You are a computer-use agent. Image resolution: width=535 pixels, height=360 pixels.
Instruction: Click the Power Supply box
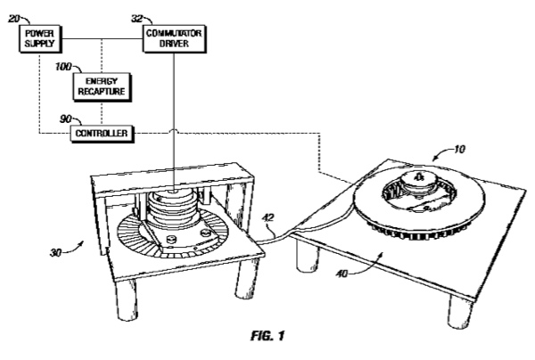(x=40, y=38)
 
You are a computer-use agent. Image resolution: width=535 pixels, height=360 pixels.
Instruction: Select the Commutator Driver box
(x=175, y=38)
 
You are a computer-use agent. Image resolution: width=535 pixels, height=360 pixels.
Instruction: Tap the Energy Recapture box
(x=102, y=86)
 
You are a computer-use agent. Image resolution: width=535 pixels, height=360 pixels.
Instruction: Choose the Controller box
(x=102, y=134)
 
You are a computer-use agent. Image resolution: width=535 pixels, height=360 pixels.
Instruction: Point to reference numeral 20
(x=13, y=19)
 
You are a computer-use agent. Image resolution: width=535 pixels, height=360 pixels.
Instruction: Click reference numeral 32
(x=136, y=19)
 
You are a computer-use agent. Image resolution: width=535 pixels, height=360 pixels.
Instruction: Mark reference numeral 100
(x=63, y=67)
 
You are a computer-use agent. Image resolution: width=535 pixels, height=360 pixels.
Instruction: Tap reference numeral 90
(x=65, y=119)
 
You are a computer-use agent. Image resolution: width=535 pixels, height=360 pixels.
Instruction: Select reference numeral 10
(x=459, y=149)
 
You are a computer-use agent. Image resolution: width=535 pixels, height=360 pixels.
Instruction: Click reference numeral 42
(x=269, y=217)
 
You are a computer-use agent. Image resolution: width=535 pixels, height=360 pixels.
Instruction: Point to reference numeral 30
(x=55, y=252)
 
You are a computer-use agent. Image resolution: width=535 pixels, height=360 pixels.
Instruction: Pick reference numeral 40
(x=342, y=274)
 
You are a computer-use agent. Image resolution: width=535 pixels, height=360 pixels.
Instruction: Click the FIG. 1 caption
(x=267, y=336)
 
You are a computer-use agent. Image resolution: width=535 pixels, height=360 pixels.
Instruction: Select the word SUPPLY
(x=39, y=44)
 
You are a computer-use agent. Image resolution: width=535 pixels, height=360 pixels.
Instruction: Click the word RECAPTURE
(x=102, y=92)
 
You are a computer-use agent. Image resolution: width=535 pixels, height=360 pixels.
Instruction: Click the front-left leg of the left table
(x=126, y=300)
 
